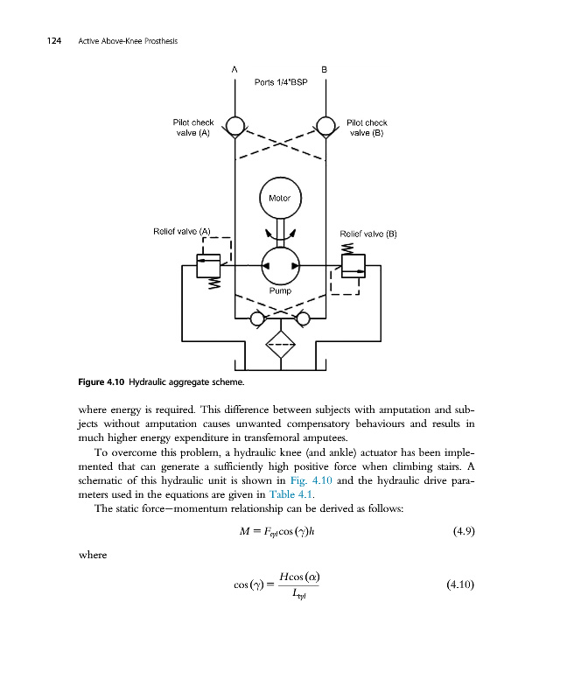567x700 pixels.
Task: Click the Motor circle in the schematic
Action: [x=280, y=199]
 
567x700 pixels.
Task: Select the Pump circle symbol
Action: [x=280, y=265]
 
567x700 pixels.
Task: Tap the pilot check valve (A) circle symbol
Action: [x=234, y=127]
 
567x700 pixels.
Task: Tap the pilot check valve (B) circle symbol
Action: [x=325, y=127]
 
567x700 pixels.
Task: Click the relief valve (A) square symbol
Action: [x=208, y=263]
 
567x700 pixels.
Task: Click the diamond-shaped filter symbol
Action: [x=280, y=345]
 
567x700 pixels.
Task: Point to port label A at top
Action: [x=234, y=69]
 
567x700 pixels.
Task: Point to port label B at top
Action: [x=325, y=69]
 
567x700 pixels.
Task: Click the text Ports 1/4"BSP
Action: [x=280, y=82]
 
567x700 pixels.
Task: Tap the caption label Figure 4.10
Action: [x=103, y=382]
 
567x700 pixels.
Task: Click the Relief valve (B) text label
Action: [x=368, y=234]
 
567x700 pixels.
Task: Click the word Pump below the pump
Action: [x=280, y=290]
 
